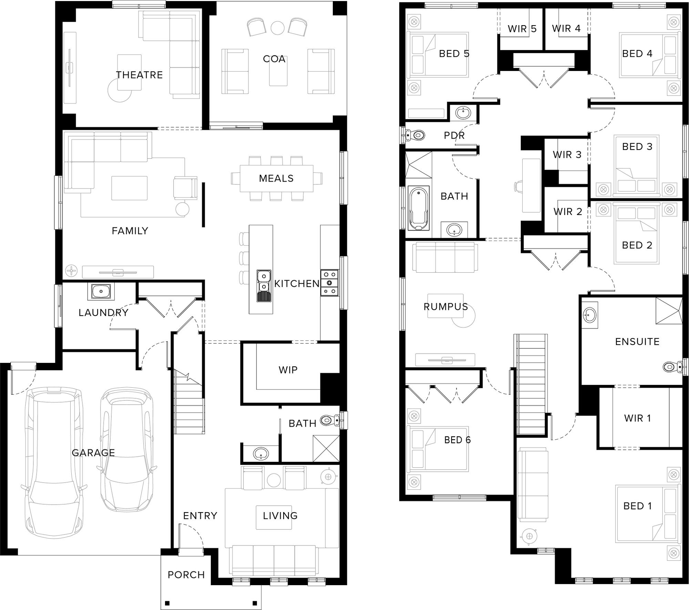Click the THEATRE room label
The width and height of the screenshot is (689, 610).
pos(139,75)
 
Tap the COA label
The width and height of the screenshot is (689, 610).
pos(274,59)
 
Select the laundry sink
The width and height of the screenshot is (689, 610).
pos(101,292)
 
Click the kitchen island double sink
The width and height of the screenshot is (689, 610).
pos(264,286)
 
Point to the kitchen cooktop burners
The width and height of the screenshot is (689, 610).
pos(330,283)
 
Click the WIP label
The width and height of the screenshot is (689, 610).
pos(288,370)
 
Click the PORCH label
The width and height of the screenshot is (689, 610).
pos(186,575)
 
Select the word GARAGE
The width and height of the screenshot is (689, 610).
pos(93,453)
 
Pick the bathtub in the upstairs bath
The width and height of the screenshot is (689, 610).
pos(419,208)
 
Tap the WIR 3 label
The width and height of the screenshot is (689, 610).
pos(567,155)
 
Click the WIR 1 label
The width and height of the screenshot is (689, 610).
pos(637,418)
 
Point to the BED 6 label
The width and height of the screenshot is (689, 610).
pos(457,440)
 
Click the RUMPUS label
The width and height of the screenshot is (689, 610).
pos(446,306)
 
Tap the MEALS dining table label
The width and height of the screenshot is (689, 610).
pos(276,178)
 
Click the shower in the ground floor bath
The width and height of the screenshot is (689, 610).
pos(326,448)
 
